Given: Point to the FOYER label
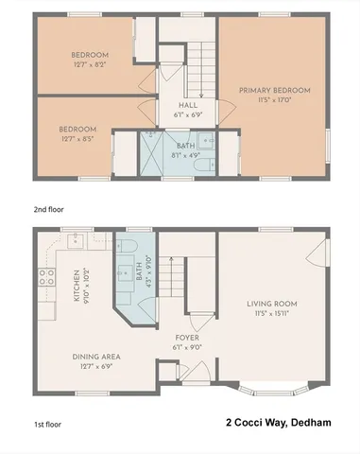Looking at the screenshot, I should click(185, 337).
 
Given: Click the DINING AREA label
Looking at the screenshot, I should click(96, 357).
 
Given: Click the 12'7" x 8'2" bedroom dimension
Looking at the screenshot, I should click(90, 64).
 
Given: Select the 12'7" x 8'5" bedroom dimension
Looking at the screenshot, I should click(77, 137).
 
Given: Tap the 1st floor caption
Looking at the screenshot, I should click(48, 426).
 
